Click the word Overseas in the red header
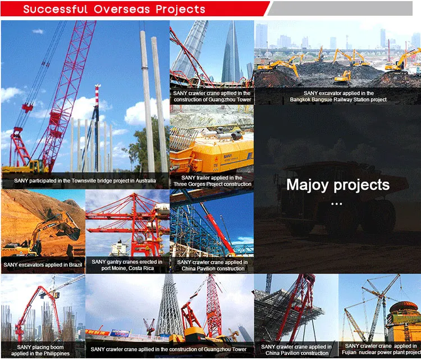tap(122, 10)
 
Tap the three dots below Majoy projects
tap(336, 204)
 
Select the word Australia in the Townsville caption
tap(145, 181)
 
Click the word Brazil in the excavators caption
tap(75, 265)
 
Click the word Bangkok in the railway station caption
tap(300, 99)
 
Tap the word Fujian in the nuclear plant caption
tap(349, 352)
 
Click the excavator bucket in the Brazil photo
tap(72, 233)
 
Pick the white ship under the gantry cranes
tap(120, 248)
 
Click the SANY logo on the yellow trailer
tap(228, 156)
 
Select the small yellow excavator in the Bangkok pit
tap(343, 76)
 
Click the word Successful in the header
tap(56, 10)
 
